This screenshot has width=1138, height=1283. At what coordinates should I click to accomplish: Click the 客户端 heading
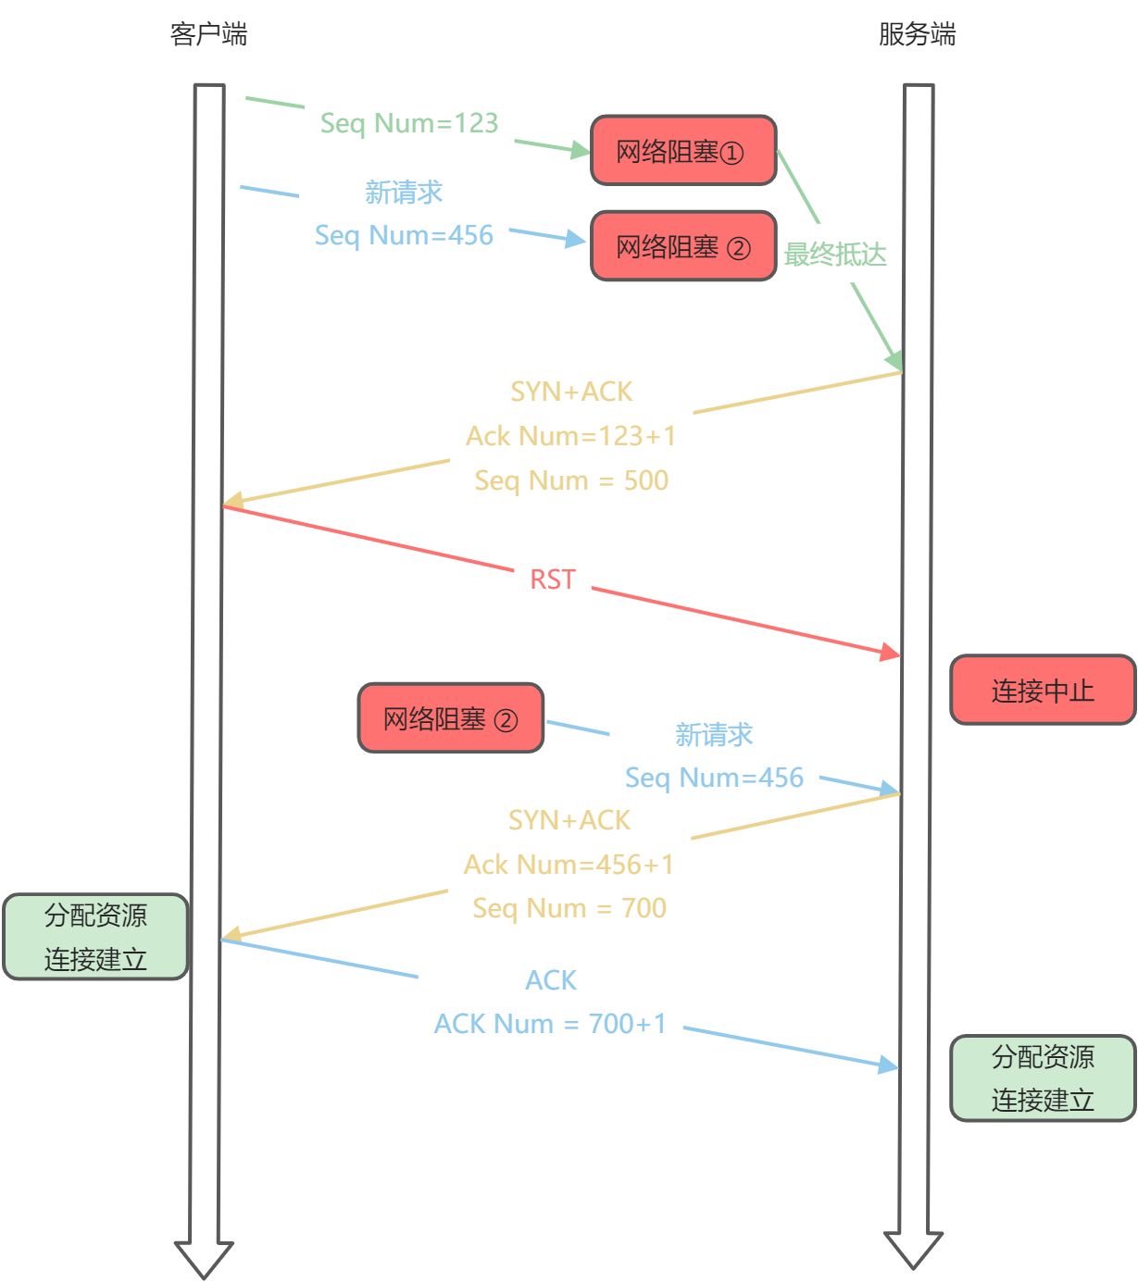208,35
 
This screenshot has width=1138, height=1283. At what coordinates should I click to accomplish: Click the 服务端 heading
917,35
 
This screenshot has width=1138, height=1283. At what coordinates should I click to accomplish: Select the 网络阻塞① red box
683,151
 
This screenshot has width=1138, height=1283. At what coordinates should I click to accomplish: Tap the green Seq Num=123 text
409,123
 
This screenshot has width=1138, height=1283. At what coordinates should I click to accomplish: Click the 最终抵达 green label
835,255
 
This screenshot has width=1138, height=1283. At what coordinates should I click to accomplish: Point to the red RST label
553,579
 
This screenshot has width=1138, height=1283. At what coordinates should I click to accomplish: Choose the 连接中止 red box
1043,691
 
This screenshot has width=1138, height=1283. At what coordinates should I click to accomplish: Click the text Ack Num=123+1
570,436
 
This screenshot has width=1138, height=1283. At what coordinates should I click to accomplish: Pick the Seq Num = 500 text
570,480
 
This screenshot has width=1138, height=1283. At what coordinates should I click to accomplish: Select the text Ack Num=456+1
569,865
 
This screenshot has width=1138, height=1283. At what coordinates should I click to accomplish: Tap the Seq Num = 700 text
569,908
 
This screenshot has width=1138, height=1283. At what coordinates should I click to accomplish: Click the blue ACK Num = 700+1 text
550,1024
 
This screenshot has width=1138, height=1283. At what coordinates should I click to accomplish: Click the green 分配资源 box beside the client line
95,937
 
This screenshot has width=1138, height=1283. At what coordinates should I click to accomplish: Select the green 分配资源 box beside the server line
1043,1078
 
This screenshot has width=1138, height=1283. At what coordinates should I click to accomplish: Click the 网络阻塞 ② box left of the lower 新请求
451,718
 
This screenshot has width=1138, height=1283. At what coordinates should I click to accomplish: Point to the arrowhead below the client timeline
204,1259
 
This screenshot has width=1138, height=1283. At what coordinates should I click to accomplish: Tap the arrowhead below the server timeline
913,1250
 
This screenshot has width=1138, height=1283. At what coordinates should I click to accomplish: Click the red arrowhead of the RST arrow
891,653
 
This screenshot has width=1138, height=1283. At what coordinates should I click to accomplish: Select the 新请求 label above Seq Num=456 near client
404,193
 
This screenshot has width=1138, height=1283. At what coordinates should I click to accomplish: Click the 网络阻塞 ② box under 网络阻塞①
683,247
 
